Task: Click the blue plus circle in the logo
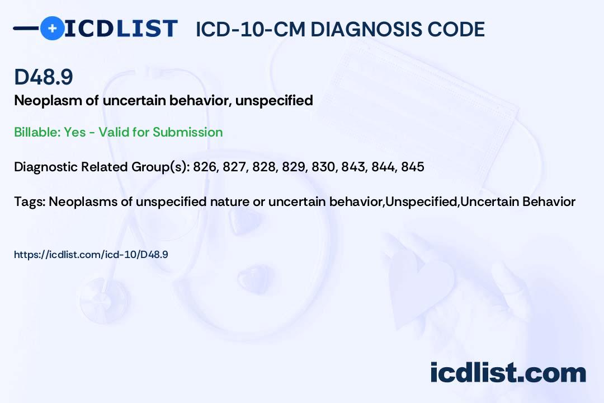tap(52, 28)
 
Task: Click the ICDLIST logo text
tap(121, 29)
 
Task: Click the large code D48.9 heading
tap(44, 77)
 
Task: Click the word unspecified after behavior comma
tap(274, 101)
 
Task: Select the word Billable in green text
tap(36, 132)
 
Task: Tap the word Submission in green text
tap(187, 132)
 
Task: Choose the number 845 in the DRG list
tap(413, 167)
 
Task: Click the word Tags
tap(30, 201)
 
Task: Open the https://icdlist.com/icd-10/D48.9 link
tap(91, 255)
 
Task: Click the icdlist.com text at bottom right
tap(508, 373)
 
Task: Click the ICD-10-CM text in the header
tap(251, 29)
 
